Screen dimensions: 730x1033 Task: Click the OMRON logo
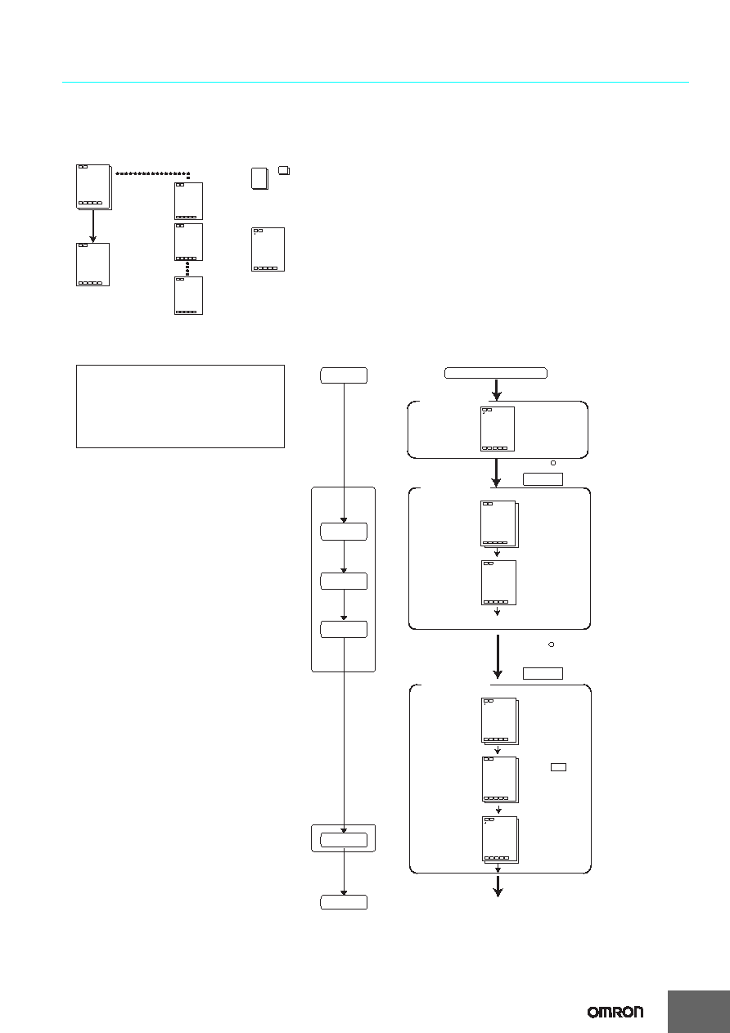[x=615, y=1012]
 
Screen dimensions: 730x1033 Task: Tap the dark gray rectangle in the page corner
[x=699, y=1011]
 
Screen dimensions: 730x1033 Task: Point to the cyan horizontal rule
[x=375, y=83]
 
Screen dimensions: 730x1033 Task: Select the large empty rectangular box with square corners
[x=180, y=406]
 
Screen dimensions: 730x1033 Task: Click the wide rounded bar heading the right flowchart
[x=496, y=373]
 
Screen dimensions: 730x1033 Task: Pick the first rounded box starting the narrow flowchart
[x=344, y=375]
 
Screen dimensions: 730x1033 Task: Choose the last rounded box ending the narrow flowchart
[x=344, y=902]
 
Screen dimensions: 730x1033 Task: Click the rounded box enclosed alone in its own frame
[x=344, y=840]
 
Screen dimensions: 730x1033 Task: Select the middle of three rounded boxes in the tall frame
[x=344, y=581]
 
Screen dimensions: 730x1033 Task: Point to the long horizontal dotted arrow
[x=152, y=173]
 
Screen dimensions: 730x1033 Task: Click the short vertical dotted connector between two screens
[x=187, y=268]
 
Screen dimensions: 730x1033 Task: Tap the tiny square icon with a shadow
[x=284, y=171]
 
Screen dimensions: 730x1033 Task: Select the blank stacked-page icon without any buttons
[x=259, y=178]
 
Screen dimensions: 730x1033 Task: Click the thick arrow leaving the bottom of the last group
[x=498, y=886]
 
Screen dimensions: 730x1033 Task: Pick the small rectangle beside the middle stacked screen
[x=558, y=767]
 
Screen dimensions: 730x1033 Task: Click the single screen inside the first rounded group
[x=498, y=429]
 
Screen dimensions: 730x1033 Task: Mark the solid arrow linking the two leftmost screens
[x=93, y=227]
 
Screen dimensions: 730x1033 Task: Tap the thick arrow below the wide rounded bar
[x=497, y=389]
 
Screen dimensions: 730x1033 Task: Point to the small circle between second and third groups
[x=551, y=645]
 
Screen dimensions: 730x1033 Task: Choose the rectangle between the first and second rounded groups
[x=543, y=479]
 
